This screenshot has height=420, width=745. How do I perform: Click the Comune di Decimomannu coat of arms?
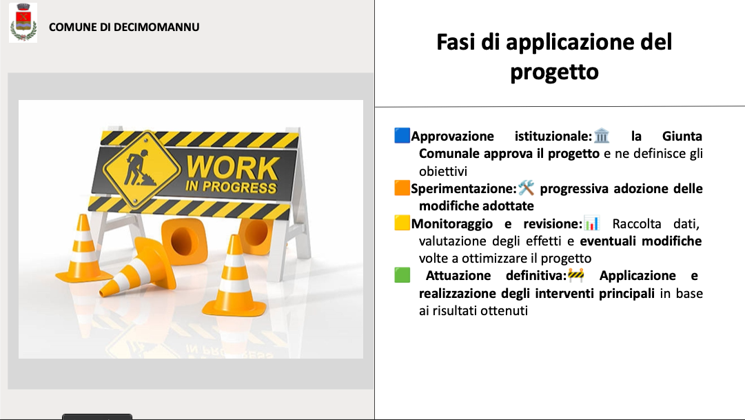click(x=23, y=22)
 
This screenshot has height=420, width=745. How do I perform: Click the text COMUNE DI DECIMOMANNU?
click(x=124, y=27)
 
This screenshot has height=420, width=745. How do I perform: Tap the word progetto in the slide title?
click(x=554, y=72)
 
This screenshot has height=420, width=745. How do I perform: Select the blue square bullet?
click(x=402, y=136)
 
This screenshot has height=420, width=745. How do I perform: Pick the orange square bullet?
click(x=402, y=188)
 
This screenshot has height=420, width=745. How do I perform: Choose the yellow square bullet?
click(x=402, y=223)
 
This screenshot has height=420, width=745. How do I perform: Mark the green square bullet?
click(x=402, y=275)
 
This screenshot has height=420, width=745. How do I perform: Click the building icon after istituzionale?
click(x=602, y=136)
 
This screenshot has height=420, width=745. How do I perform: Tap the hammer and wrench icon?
click(x=526, y=188)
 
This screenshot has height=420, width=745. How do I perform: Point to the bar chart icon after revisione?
click(x=591, y=223)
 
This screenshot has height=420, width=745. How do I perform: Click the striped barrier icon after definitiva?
click(x=576, y=275)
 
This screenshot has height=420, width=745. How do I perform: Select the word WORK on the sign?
click(x=232, y=168)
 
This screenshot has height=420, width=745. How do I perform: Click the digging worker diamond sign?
click(x=141, y=169)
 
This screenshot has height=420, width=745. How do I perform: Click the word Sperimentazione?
click(x=463, y=189)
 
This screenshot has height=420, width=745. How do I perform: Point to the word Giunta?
click(x=682, y=136)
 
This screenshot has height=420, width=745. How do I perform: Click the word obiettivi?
click(x=443, y=171)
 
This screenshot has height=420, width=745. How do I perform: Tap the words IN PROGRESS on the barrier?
click(x=231, y=186)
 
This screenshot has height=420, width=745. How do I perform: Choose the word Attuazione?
click(x=458, y=275)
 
